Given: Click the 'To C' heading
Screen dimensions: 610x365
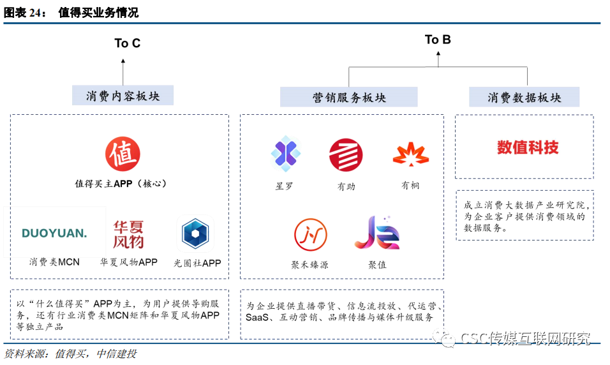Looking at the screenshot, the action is tap(127, 43).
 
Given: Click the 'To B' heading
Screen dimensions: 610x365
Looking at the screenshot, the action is tap(438, 40).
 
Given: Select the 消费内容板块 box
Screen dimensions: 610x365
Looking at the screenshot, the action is tap(123, 96).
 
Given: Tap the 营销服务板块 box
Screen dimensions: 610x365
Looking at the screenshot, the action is tap(349, 98).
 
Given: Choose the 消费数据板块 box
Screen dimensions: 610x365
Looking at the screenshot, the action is tap(524, 98).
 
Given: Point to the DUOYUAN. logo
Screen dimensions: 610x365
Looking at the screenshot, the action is tap(54, 233).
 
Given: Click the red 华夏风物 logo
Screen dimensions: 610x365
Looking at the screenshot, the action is tap(128, 234).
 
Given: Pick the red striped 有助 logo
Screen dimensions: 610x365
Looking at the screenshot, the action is tap(346, 155).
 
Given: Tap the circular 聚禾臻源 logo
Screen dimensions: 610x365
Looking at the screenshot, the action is tap(311, 235).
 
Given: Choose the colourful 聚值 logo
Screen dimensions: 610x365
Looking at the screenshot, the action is tap(377, 234).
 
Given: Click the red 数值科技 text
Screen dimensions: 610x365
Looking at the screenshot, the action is tap(528, 147).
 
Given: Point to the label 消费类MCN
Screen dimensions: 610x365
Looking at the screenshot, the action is tap(54, 262).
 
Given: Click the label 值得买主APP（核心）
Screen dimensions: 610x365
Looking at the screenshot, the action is tap(121, 183).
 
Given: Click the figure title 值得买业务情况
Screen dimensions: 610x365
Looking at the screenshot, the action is tap(98, 13).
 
